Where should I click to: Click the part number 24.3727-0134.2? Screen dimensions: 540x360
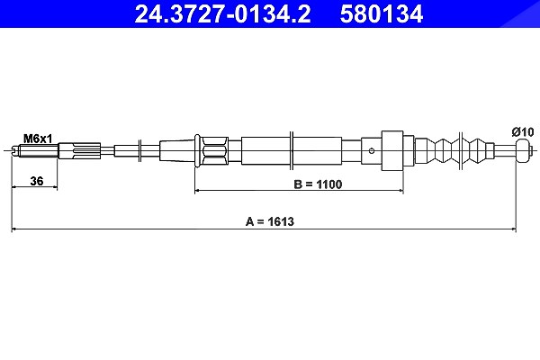pos(222,14)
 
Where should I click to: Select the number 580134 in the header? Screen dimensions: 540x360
pos(382,14)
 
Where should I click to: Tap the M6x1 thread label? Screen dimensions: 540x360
pos(38,139)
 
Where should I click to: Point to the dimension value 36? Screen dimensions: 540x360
pos(37,181)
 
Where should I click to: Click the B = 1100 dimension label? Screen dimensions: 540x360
pos(318,184)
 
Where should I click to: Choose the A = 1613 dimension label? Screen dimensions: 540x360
pos(270,221)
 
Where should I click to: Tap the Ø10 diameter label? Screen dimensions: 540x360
pos(522,132)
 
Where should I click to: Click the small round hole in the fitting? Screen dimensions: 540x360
pos(372,150)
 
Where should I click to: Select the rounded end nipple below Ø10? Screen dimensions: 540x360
pos(523,150)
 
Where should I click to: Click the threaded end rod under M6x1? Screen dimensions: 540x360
pos(35,150)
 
